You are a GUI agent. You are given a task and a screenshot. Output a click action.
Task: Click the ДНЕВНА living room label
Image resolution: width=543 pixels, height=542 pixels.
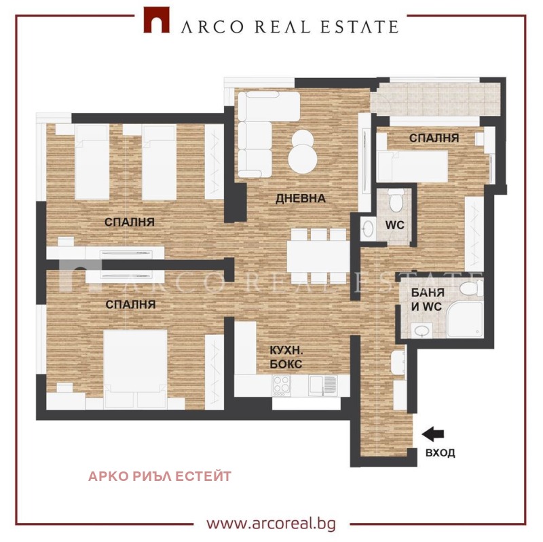click(x=300, y=199)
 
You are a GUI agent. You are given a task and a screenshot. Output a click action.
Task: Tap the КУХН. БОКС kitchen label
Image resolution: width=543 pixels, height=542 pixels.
click(x=286, y=357)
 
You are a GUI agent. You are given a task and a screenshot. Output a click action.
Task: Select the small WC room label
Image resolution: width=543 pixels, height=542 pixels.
click(x=395, y=225)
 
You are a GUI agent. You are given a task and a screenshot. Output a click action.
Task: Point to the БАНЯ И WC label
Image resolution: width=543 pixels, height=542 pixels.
click(x=428, y=299)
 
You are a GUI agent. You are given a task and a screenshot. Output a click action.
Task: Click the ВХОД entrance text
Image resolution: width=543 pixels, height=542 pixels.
click(x=440, y=452)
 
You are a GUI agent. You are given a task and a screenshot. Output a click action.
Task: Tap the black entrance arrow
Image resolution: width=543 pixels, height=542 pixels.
click(x=433, y=434)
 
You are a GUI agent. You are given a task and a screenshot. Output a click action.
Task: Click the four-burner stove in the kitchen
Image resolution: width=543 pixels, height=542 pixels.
click(x=282, y=386)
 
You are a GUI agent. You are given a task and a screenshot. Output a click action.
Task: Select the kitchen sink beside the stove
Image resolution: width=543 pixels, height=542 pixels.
click(x=323, y=385)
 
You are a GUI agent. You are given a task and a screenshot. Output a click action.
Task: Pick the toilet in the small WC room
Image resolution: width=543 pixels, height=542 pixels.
click(x=396, y=199)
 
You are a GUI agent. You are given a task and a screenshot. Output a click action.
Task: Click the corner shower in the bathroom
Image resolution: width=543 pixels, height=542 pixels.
click(x=464, y=320)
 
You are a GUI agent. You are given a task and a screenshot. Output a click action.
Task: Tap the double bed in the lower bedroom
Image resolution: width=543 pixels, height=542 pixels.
click(x=135, y=369)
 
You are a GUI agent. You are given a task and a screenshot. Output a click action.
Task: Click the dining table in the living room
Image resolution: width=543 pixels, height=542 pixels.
click(x=318, y=256)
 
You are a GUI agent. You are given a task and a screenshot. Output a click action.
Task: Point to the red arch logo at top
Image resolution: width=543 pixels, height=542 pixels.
click(x=157, y=20)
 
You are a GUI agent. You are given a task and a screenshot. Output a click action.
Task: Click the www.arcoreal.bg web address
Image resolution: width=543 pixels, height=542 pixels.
click(x=271, y=523)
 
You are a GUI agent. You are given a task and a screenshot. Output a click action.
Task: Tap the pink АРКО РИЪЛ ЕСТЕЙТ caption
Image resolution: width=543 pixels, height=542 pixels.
click(x=160, y=476)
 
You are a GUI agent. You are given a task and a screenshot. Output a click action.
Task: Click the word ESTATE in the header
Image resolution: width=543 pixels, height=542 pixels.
click(x=360, y=26)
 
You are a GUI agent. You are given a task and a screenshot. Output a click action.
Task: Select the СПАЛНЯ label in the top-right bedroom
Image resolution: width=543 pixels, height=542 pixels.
click(x=434, y=138)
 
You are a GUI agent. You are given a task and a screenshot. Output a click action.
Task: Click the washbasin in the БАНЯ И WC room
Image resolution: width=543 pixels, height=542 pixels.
click(x=422, y=330)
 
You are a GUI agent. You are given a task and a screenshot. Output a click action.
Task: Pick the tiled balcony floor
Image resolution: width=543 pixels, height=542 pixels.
click(x=436, y=99)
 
